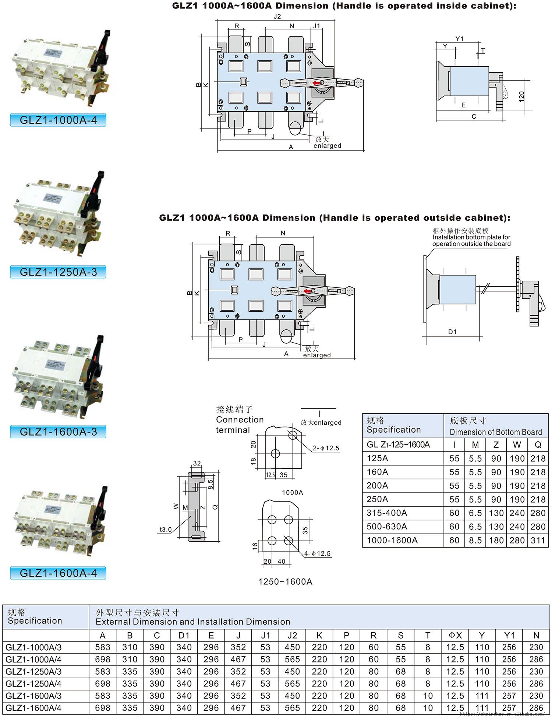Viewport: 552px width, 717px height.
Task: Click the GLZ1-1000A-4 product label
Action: [x=58, y=120]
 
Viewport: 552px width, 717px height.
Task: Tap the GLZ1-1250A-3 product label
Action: [x=58, y=272]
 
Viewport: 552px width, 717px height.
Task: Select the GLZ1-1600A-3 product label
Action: [x=58, y=431]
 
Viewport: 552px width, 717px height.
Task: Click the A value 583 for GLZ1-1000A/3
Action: [x=103, y=647]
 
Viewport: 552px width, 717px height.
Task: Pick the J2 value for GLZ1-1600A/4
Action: [x=292, y=708]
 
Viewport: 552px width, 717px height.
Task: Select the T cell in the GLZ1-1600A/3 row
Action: [x=428, y=696]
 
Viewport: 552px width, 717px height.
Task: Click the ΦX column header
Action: [x=455, y=635]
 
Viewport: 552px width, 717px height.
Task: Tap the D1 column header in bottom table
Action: [x=184, y=635]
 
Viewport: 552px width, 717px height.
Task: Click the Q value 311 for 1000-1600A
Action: [x=538, y=541]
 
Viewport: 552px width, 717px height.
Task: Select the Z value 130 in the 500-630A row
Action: [x=496, y=527]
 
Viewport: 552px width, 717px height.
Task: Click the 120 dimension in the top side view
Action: [x=521, y=97]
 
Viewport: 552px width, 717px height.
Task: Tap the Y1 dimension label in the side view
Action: [x=459, y=39]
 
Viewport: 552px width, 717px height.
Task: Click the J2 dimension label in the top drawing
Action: [x=277, y=16]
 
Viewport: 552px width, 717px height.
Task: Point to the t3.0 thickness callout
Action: [x=166, y=529]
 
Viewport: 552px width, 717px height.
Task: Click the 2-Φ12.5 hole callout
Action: [x=326, y=448]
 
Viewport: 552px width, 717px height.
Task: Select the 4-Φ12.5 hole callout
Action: [x=317, y=553]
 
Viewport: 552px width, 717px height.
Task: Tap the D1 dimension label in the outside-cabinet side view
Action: [x=452, y=332]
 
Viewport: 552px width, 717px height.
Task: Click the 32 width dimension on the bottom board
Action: [x=197, y=464]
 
